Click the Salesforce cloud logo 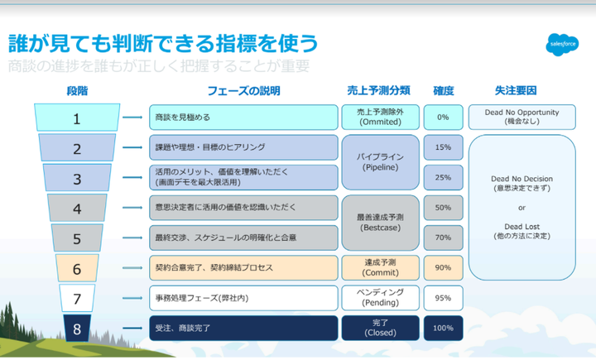tap(562, 45)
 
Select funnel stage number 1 tap(77, 118)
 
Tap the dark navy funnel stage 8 tap(77, 329)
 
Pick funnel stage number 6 tap(77, 268)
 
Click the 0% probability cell tap(443, 117)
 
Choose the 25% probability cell tap(443, 178)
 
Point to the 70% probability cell tap(443, 238)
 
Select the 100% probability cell tap(443, 328)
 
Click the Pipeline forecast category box tap(380, 162)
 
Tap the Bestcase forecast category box tap(380, 223)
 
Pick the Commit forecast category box tap(380, 267)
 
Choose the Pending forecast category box tap(380, 298)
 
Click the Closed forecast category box tap(380, 328)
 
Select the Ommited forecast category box tap(380, 117)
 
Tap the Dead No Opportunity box tap(521, 117)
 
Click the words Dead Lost tap(521, 227)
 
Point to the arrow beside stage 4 tap(132, 208)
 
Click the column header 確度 tap(444, 91)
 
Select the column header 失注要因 tap(516, 90)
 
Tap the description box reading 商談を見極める tap(243, 117)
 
